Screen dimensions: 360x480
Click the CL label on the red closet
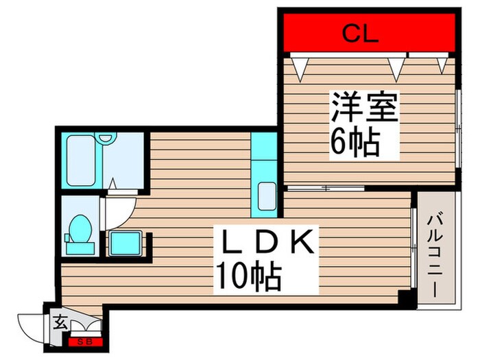click(361, 34)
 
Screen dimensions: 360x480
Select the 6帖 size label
click(356, 143)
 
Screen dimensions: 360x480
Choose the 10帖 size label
click(248, 277)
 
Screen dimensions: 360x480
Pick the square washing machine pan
click(124, 243)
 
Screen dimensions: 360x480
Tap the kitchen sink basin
click(267, 198)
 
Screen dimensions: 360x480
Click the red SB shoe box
click(86, 341)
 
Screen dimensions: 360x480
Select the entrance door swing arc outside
click(31, 326)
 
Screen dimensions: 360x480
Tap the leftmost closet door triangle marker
click(300, 67)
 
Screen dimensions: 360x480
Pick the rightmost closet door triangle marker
click(442, 64)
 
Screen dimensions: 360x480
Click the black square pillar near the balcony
click(407, 298)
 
